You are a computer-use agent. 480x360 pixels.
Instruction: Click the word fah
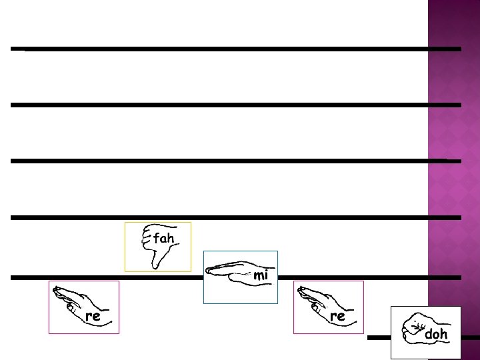point(163,238)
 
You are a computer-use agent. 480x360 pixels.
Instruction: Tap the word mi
point(261,275)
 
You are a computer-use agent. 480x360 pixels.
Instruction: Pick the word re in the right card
point(337,316)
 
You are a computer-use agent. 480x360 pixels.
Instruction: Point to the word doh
point(436,333)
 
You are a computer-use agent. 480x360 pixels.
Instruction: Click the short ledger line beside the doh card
point(379,338)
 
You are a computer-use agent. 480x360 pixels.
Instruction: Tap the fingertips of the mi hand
point(209,270)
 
